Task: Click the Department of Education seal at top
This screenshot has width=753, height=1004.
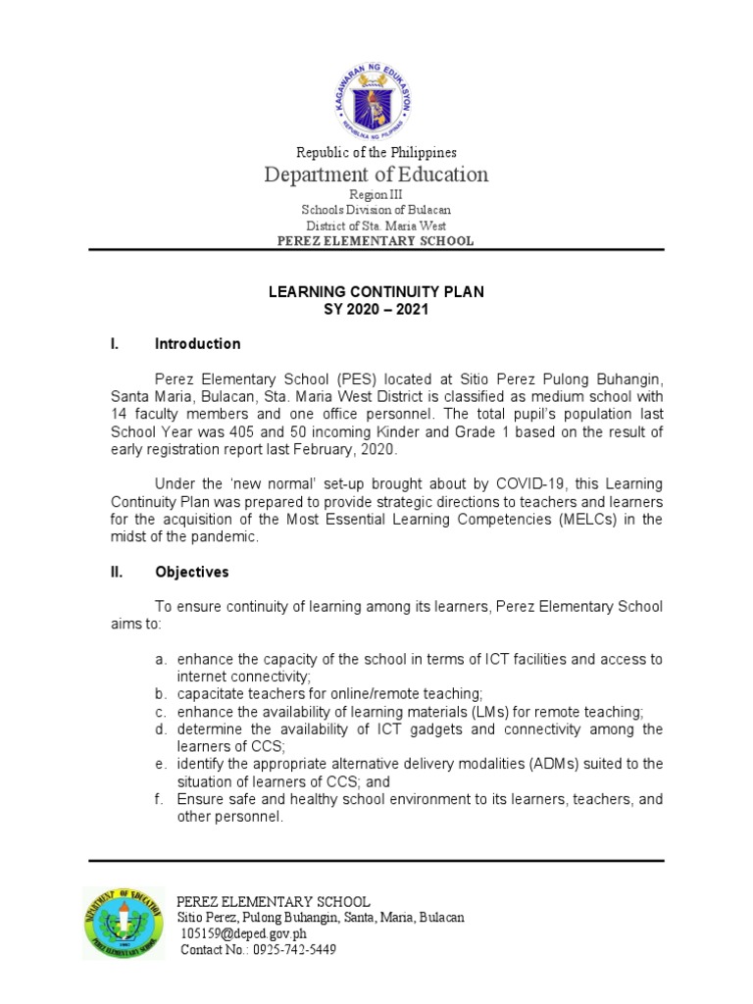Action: coord(376,93)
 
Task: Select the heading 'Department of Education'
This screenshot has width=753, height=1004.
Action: coord(376,175)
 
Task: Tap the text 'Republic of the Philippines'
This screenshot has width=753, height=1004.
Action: coord(376,152)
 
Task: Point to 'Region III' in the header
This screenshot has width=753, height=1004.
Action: coord(376,195)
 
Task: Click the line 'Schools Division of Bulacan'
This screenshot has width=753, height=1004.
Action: coord(376,210)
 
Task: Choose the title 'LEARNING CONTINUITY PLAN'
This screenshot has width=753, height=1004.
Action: coord(376,292)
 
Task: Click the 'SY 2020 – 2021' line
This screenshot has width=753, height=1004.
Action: coord(376,309)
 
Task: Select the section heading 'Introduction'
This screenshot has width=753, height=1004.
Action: coord(197,344)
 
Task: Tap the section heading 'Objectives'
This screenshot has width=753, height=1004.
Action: coord(191,572)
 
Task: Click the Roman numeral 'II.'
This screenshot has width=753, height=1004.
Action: coord(115,572)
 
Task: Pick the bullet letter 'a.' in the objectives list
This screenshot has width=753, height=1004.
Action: coord(161,660)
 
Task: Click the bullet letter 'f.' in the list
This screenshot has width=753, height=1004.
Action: coord(160,800)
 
